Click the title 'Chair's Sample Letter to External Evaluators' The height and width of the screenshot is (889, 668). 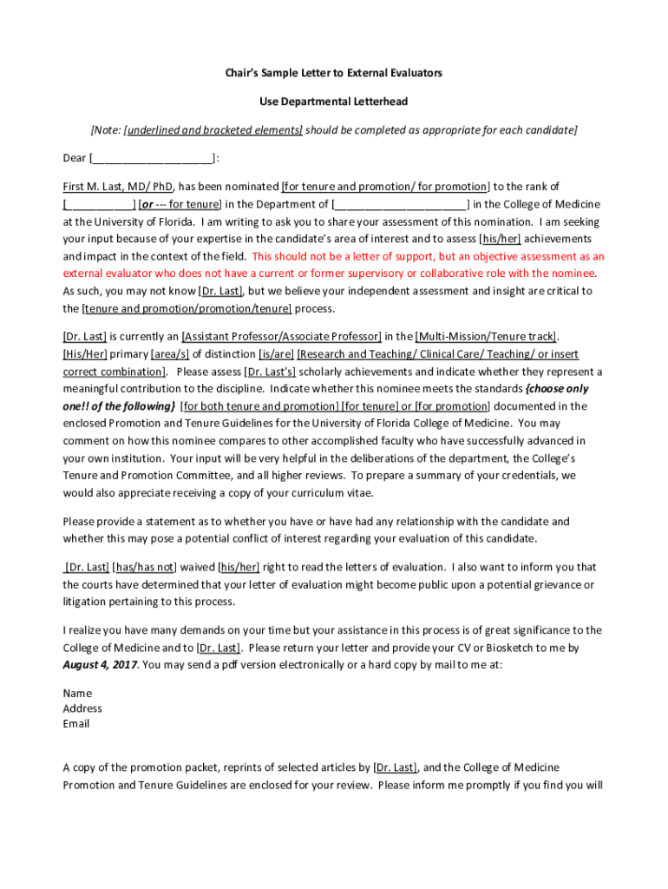tap(333, 73)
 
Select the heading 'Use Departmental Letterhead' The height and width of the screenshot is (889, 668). tap(333, 102)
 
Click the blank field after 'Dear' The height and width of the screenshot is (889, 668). tap(152, 158)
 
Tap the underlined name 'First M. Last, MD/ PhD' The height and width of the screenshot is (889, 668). tap(119, 187)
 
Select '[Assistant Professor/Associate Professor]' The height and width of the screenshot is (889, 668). tap(282, 336)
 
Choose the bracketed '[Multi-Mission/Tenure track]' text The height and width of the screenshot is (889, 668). tap(486, 336)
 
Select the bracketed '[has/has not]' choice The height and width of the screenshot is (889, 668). tap(144, 567)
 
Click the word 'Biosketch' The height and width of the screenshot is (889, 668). tap(497, 648)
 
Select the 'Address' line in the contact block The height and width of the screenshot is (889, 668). tap(82, 708)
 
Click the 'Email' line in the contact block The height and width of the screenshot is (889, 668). tap(76, 724)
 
